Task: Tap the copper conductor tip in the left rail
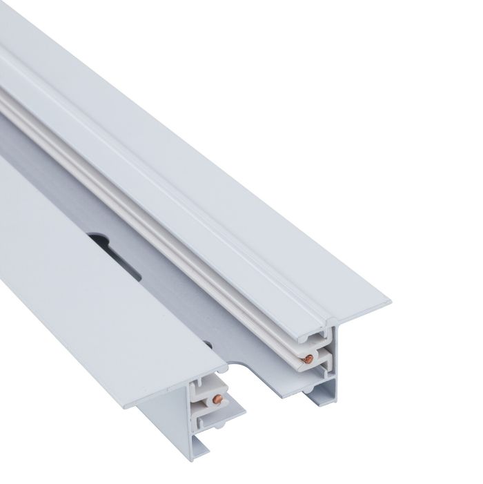219,398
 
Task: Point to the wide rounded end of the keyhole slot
97,240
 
